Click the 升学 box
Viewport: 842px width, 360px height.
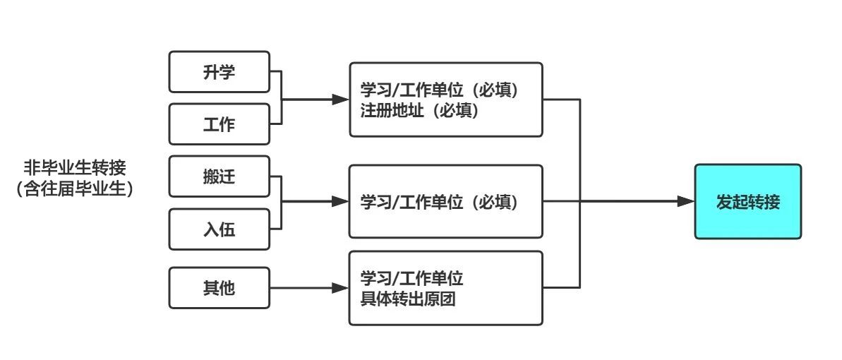pyautogui.click(x=219, y=72)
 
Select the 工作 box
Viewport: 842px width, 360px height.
pyautogui.click(x=219, y=124)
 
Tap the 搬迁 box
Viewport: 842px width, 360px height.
pyautogui.click(x=219, y=176)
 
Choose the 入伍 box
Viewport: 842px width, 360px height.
pyautogui.click(x=219, y=229)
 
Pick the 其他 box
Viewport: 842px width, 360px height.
pyautogui.click(x=219, y=288)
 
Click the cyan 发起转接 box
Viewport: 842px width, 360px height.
pyautogui.click(x=747, y=202)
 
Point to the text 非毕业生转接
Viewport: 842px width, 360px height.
pyautogui.click(x=75, y=168)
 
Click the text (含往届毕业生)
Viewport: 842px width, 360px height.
pyautogui.click(x=75, y=189)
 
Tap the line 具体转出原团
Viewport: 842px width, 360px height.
pyautogui.click(x=408, y=299)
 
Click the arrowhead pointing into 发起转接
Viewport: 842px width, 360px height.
pyautogui.click(x=686, y=202)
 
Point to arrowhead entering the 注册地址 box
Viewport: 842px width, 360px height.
pyautogui.click(x=341, y=100)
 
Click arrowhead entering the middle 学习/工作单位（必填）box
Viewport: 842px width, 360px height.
pyautogui.click(x=341, y=202)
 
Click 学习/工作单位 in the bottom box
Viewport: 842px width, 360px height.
pyautogui.click(x=412, y=277)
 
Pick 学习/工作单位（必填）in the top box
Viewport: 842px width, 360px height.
pyautogui.click(x=440, y=90)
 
